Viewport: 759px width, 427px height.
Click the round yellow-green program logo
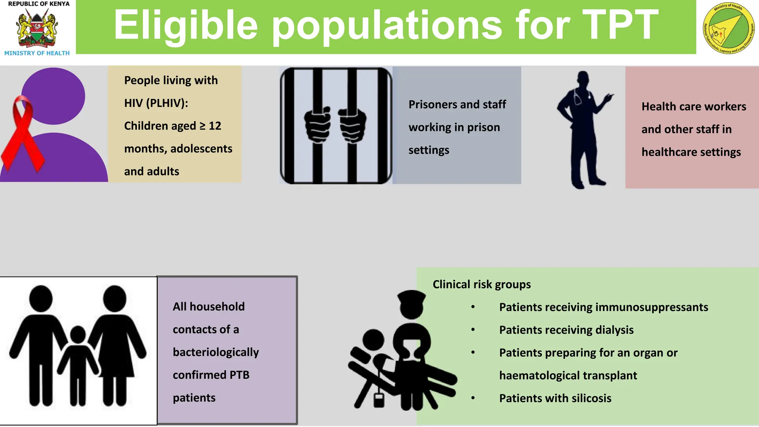[x=728, y=28]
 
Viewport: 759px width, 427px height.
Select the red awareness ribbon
[x=23, y=133]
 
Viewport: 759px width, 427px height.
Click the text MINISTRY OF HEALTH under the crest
[x=37, y=53]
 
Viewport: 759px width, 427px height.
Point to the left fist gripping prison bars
[x=317, y=124]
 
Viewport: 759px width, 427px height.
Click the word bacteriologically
[x=216, y=352]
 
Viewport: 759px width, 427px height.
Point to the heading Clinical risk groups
[x=481, y=284]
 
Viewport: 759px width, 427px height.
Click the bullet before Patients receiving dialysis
[x=473, y=330]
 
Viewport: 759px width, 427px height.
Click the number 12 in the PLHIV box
[x=215, y=126]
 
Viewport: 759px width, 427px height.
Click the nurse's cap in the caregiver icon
[x=411, y=296]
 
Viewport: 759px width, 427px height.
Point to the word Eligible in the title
[x=186, y=25]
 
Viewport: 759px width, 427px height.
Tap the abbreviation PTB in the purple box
[x=239, y=375]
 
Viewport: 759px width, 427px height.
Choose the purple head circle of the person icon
[x=54, y=96]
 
